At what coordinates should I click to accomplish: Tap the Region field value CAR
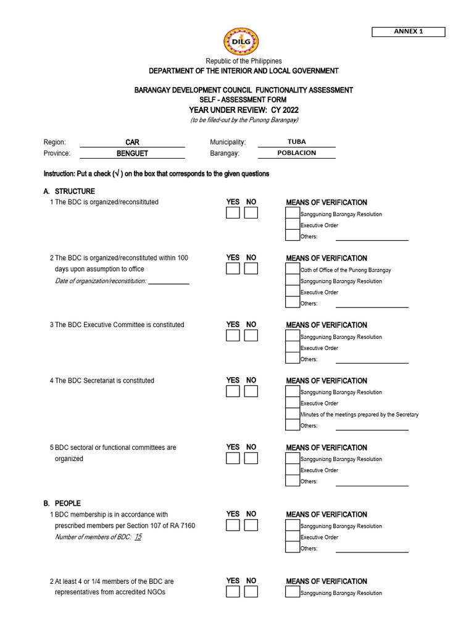[132, 142]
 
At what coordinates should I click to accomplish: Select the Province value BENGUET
[132, 153]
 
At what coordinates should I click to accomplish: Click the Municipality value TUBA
[296, 142]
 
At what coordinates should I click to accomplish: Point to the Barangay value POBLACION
[296, 153]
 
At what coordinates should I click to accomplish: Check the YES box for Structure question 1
[233, 213]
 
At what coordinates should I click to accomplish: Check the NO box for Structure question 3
[251, 335]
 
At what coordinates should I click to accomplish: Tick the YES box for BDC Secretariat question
[233, 391]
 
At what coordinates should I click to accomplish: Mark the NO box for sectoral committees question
[251, 458]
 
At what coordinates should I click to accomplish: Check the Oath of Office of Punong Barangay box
[292, 270]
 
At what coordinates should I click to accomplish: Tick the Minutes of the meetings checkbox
[292, 414]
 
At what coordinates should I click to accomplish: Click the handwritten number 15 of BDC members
[138, 537]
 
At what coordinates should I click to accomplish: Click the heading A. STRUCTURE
[69, 191]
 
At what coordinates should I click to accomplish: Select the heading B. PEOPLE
[62, 504]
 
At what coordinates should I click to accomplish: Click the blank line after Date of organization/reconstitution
[168, 281]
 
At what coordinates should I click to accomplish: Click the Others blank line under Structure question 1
[372, 237]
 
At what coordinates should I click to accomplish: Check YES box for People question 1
[233, 525]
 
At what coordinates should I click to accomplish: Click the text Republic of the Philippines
[244, 61]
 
